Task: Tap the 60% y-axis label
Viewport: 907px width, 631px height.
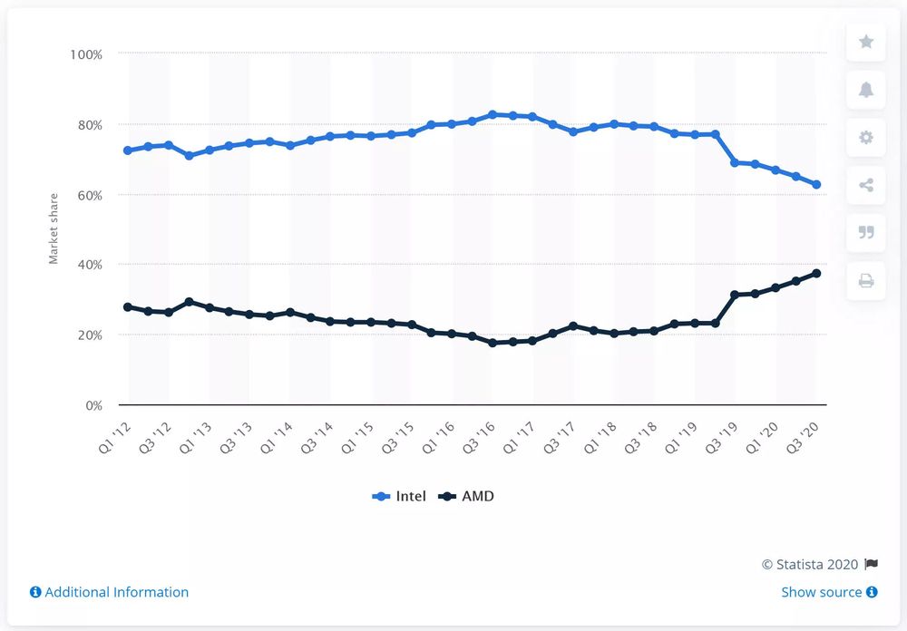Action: tap(89, 195)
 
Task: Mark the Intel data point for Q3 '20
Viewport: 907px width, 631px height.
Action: tap(816, 185)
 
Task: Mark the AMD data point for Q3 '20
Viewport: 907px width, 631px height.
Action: tap(816, 274)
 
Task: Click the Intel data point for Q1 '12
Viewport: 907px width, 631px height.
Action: tap(128, 150)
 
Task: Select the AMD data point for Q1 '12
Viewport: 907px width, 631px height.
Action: tap(128, 307)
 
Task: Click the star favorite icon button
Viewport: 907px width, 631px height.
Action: tap(865, 42)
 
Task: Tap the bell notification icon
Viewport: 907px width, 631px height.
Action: tap(865, 90)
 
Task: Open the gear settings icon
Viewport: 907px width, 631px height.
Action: tap(865, 138)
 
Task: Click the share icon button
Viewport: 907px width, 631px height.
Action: tap(865, 185)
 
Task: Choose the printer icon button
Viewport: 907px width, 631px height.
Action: tap(865, 281)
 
